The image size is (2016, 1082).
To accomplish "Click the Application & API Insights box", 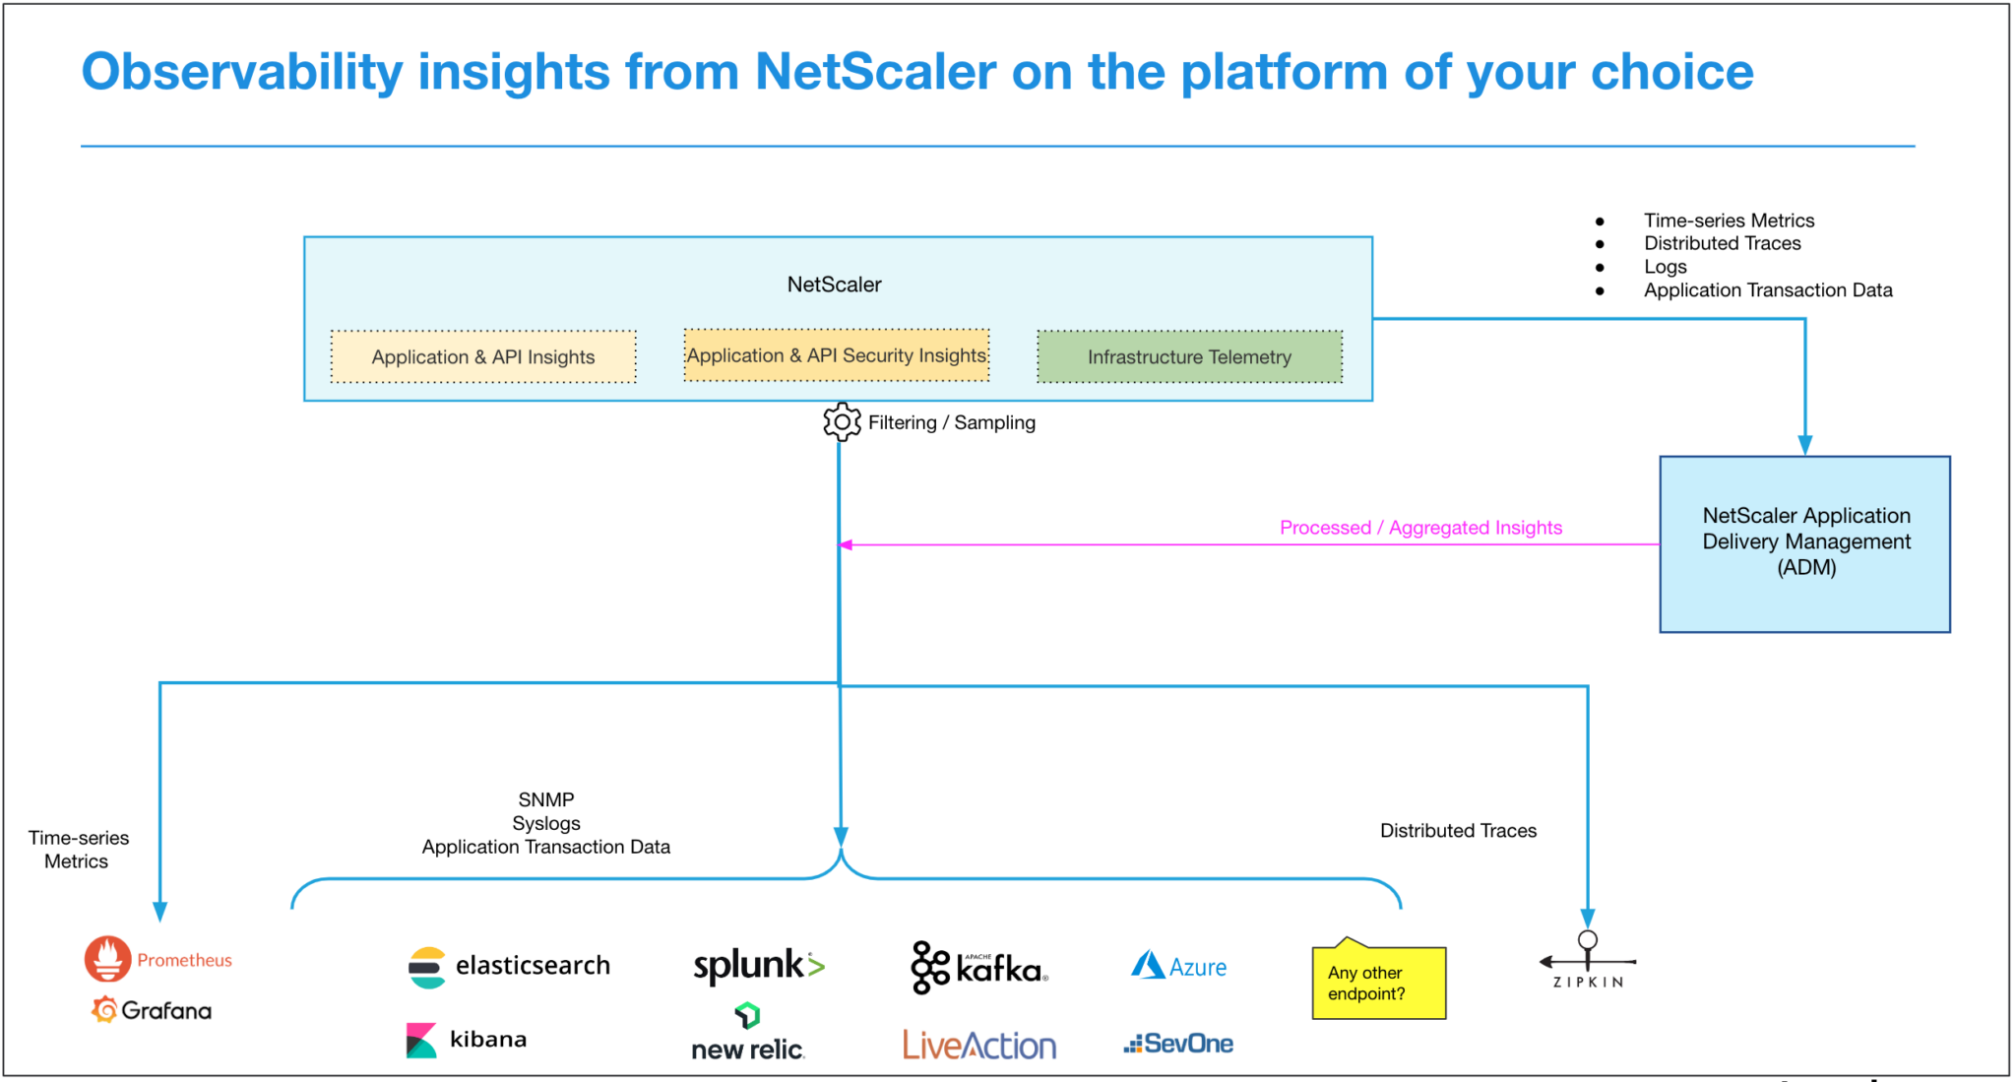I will point(482,356).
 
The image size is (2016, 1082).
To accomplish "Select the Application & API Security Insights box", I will point(836,355).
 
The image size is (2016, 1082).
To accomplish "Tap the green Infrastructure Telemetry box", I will point(1189,356).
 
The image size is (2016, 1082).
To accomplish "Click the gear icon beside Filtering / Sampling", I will point(842,422).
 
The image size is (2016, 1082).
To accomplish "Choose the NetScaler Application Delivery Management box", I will point(1804,543).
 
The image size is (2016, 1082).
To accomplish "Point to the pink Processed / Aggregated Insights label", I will point(1420,528).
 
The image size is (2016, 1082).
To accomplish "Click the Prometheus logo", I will point(158,959).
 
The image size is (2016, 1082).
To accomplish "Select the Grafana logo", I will point(153,1010).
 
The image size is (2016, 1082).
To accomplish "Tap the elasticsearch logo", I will point(509,966).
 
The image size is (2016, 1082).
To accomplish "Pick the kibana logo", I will point(467,1040).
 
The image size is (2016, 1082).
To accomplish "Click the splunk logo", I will point(759,966).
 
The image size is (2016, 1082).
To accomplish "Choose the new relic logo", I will point(748,1034).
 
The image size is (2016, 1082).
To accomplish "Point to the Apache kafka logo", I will point(978,968).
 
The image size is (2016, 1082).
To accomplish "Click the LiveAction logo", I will point(979,1045).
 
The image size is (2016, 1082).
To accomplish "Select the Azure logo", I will point(1179,967).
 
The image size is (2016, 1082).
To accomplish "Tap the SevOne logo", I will point(1178,1044).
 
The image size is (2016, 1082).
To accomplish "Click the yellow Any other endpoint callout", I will point(1378,983).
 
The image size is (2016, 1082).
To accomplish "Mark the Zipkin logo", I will point(1588,961).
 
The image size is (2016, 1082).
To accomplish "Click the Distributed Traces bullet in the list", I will point(1722,243).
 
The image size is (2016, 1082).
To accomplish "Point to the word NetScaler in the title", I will point(875,72).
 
